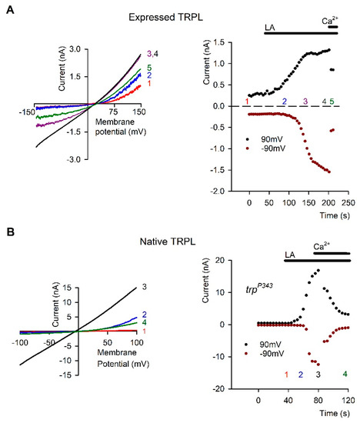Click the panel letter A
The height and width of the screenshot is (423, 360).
click(x=8, y=7)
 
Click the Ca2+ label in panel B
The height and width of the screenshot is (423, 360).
click(x=322, y=247)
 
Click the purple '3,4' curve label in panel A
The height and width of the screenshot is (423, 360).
click(x=153, y=55)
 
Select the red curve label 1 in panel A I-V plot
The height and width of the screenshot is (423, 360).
click(x=148, y=85)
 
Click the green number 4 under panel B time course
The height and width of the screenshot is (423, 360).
click(x=345, y=375)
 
